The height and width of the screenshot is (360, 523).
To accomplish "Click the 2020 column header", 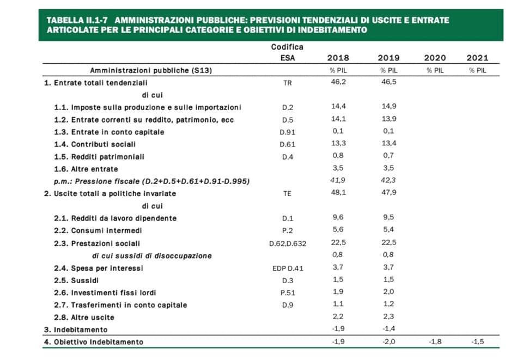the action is pyautogui.click(x=435, y=58).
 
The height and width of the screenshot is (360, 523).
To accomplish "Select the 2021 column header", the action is pyautogui.click(x=477, y=58).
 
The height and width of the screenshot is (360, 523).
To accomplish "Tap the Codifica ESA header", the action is pyautogui.click(x=287, y=52).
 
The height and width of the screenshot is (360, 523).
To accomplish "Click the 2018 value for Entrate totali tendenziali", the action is pyautogui.click(x=338, y=82).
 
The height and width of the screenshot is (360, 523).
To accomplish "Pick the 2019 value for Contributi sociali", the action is pyautogui.click(x=388, y=143).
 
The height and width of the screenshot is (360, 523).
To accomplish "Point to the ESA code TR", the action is pyautogui.click(x=287, y=83).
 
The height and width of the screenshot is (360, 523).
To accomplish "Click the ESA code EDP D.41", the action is pyautogui.click(x=288, y=269).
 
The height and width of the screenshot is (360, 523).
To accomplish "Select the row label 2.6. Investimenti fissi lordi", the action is pyautogui.click(x=105, y=292).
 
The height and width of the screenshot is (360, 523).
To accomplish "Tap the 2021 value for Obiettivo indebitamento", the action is pyautogui.click(x=477, y=341).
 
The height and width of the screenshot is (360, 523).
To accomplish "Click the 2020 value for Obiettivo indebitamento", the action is pyautogui.click(x=435, y=341).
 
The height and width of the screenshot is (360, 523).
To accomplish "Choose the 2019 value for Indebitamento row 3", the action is pyautogui.click(x=388, y=328).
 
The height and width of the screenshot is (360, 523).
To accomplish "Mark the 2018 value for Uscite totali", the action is pyautogui.click(x=338, y=193).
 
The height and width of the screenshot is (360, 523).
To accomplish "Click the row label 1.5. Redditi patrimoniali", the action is pyautogui.click(x=99, y=157).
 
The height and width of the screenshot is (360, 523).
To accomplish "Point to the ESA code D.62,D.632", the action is pyautogui.click(x=288, y=243).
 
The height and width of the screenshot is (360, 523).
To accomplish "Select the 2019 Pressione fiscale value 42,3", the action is pyautogui.click(x=388, y=180).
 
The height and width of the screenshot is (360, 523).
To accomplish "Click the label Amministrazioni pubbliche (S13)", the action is pyautogui.click(x=151, y=70).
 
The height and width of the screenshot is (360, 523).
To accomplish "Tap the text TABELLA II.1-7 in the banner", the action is pyautogui.click(x=77, y=20).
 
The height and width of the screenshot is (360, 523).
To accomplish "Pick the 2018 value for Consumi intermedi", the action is pyautogui.click(x=338, y=230).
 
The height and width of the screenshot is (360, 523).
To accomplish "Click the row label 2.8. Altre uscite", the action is pyautogui.click(x=84, y=318).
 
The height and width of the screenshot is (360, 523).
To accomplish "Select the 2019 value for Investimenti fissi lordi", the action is pyautogui.click(x=388, y=292).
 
